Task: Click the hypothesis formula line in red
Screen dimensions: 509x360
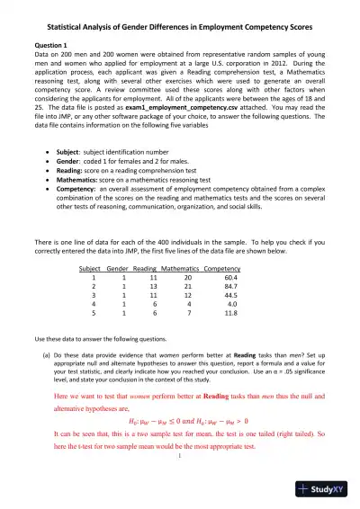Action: click(x=179, y=442)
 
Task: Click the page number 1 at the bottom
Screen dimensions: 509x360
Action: click(x=180, y=478)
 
